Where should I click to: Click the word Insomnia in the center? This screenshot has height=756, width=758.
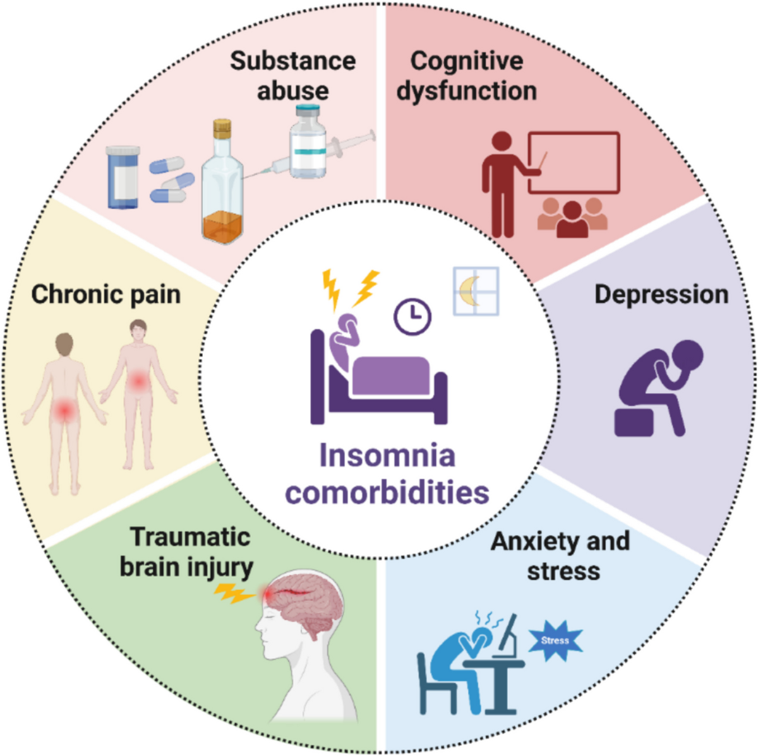tap(387, 456)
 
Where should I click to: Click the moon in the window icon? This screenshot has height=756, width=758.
tap(471, 292)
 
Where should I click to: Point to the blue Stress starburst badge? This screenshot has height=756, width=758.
tap(555, 641)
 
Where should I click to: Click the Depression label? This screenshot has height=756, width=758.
tap(661, 295)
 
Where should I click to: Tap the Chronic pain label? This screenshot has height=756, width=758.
tap(105, 295)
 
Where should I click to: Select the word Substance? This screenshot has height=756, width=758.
tap(292, 61)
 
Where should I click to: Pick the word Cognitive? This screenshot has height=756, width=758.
tap(466, 61)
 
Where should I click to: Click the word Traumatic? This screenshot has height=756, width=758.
tap(190, 537)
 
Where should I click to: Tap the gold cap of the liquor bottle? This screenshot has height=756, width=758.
tap(222, 129)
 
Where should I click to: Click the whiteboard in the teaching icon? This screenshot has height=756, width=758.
tap(574, 162)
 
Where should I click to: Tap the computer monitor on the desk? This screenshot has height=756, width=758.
tap(507, 634)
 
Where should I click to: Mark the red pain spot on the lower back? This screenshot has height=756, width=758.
tap(63, 410)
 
